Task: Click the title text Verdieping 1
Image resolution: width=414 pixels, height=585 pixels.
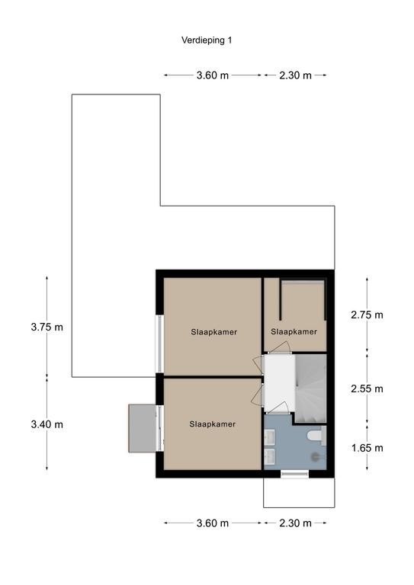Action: [x=207, y=40]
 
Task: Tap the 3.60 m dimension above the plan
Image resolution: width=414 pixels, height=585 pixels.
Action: [x=213, y=75]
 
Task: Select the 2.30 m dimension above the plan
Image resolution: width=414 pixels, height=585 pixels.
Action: [x=295, y=75]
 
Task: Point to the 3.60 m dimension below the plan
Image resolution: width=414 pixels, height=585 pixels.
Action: [x=213, y=523]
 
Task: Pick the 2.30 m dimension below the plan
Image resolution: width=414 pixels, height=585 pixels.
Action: [x=295, y=523]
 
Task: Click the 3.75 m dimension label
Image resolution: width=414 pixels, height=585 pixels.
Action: [x=47, y=328]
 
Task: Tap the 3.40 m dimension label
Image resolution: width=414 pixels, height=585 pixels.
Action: [x=47, y=424]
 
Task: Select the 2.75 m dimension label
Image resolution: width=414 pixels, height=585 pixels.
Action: [x=367, y=315]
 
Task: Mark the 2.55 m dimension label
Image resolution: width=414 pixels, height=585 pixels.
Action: [x=367, y=388]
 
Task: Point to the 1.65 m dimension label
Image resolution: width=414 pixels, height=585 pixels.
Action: [x=367, y=448]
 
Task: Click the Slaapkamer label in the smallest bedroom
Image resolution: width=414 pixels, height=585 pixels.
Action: [x=294, y=331]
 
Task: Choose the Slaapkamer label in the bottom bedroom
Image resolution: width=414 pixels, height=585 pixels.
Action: [x=213, y=424]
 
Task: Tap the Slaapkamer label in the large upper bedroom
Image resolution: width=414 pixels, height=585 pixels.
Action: [x=214, y=331]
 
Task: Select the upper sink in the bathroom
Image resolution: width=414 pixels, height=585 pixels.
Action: [x=270, y=437]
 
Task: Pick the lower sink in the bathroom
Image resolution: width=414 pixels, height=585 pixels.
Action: [x=270, y=456]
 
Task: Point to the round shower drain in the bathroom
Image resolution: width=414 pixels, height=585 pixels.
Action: [x=316, y=456]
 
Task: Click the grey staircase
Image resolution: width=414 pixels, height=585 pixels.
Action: [x=310, y=388]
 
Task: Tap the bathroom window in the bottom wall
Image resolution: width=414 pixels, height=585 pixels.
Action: [x=294, y=474]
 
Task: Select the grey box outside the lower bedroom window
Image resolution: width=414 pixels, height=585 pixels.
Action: [x=142, y=428]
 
